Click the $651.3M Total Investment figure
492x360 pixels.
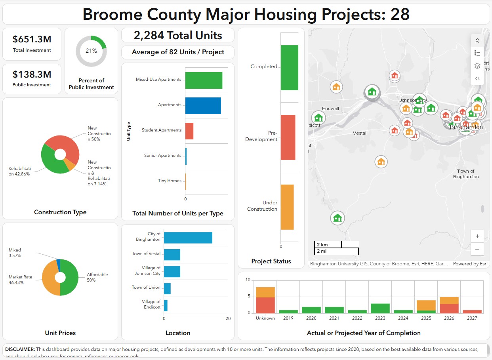[32, 39]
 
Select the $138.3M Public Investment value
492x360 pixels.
[32, 74]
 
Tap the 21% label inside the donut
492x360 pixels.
[91, 51]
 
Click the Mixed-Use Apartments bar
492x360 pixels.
[204, 80]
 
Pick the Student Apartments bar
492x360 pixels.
[189, 131]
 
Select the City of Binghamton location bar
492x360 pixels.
[188, 238]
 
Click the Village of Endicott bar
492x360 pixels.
[166, 305]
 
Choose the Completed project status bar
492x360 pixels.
[289, 68]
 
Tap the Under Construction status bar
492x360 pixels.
[287, 207]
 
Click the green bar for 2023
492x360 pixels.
[380, 309]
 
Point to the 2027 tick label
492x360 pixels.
[472, 318]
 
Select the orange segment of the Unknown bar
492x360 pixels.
[265, 292]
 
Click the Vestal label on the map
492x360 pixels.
[359, 133]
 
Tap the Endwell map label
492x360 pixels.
[330, 109]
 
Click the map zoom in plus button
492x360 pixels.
[477, 236]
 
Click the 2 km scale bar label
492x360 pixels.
[322, 245]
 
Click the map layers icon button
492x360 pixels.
[477, 66]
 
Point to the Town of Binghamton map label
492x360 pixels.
[466, 174]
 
